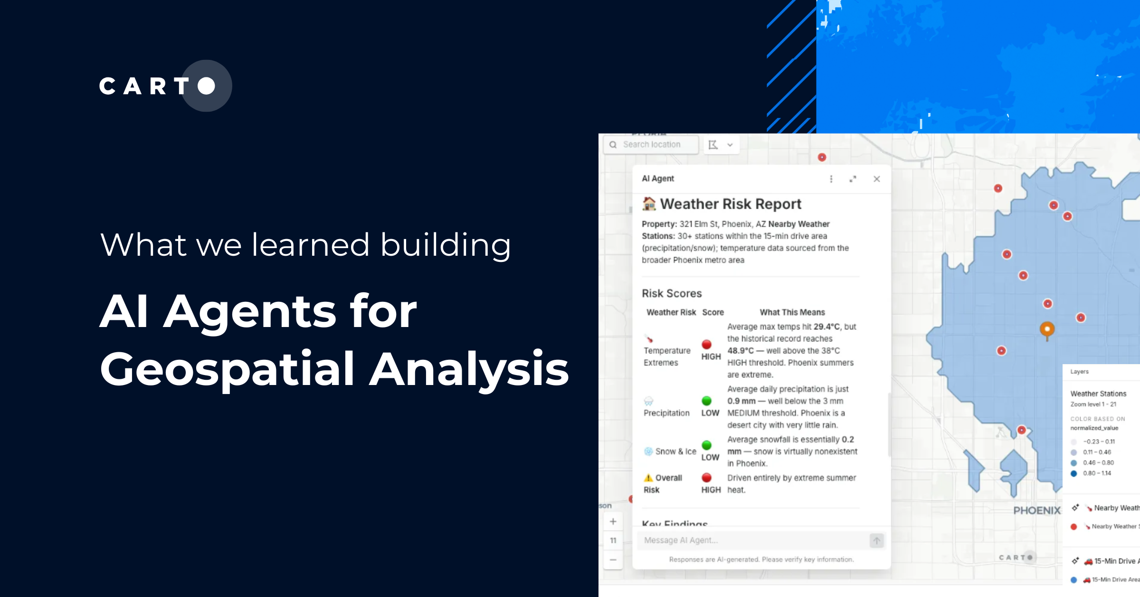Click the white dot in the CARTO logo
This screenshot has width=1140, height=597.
coord(207,86)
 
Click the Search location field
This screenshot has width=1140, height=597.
coord(651,144)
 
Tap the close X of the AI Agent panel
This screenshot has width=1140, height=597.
coord(876,179)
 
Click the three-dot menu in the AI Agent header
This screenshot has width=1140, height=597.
coord(831,179)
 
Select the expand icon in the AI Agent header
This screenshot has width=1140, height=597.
coord(853,179)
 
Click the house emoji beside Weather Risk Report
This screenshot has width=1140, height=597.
coord(649,203)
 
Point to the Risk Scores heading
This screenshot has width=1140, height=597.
coord(672,293)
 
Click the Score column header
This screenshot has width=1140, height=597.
coord(713,312)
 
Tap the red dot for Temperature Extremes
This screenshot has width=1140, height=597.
coord(707,345)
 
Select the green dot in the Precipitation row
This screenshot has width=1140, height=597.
coord(707,401)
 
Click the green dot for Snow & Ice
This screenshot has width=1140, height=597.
coord(707,445)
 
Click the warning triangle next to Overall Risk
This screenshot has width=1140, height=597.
coord(648,478)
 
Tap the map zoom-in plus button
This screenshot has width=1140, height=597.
coord(613,521)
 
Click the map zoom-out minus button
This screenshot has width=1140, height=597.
coord(613,560)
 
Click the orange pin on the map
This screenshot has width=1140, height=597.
coord(1047,329)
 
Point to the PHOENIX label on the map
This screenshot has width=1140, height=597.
coord(1037,510)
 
